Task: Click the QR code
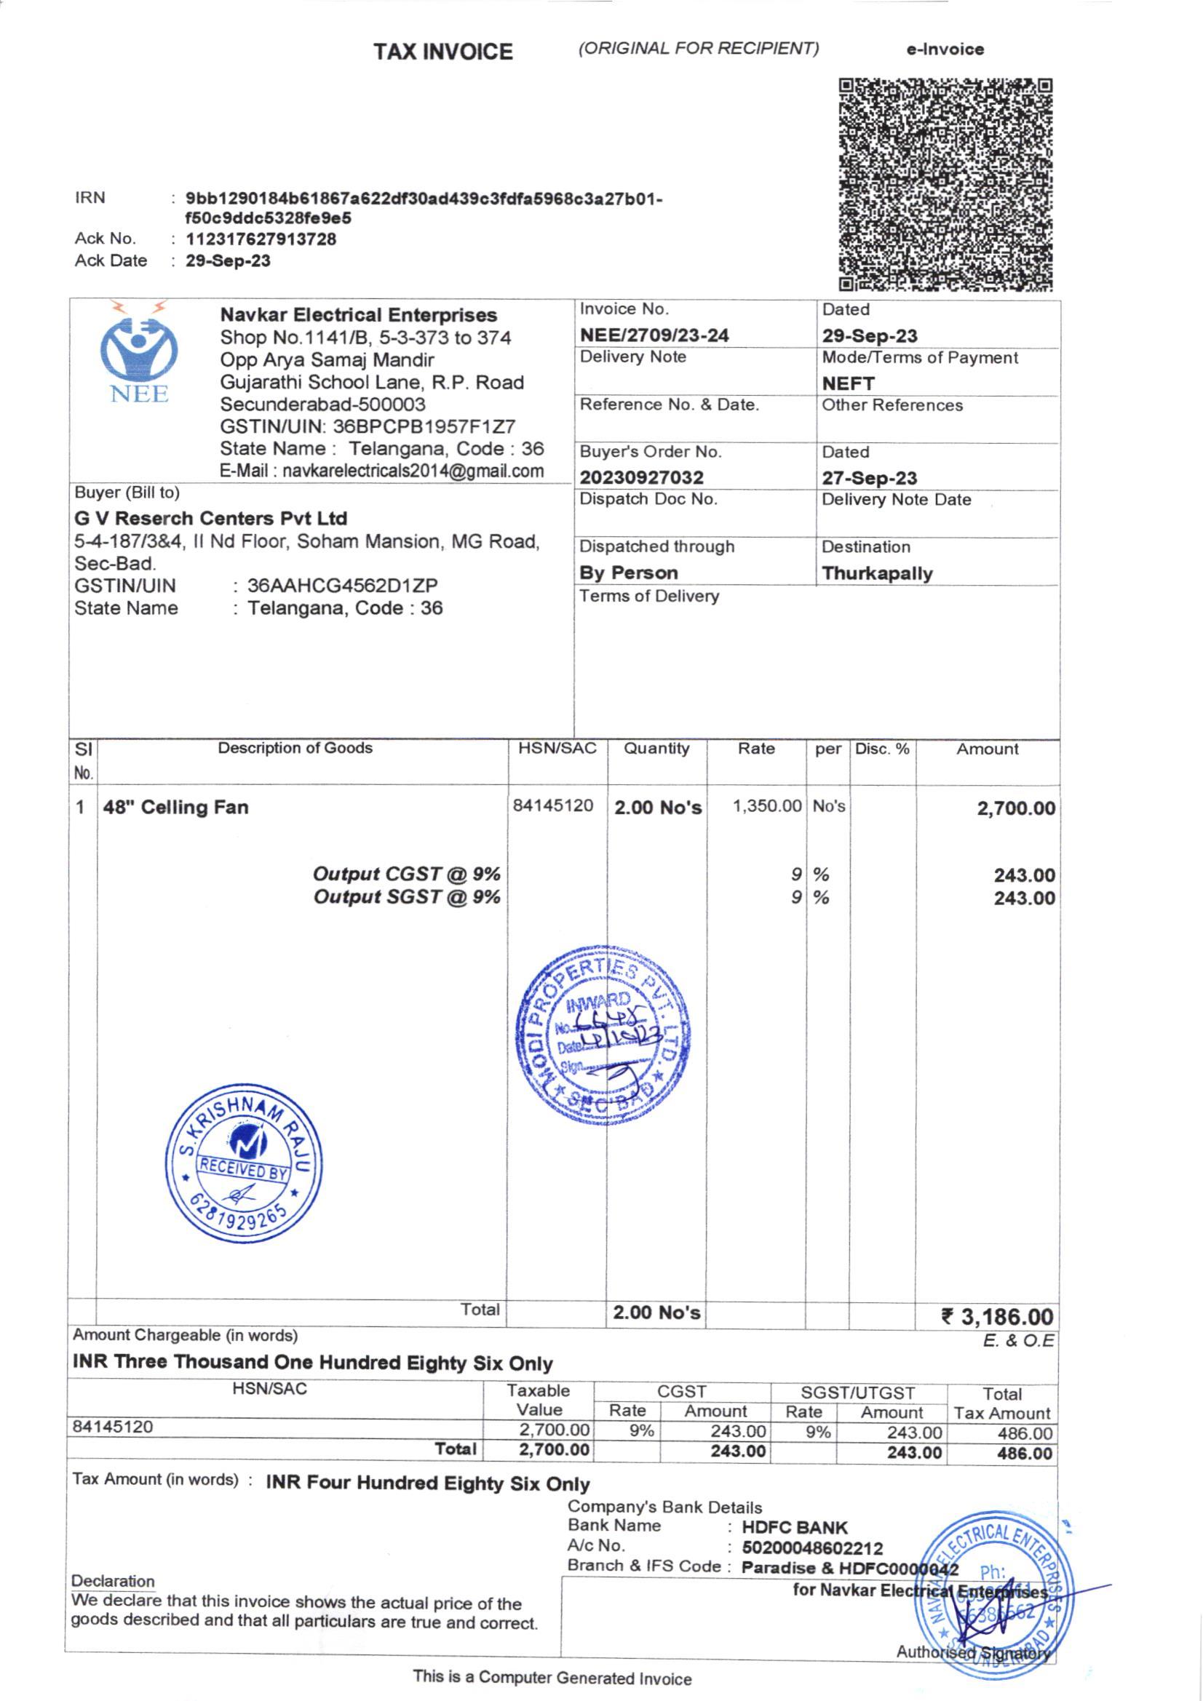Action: [x=945, y=185]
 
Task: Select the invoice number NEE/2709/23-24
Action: [x=654, y=335]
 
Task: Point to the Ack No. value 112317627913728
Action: [x=261, y=239]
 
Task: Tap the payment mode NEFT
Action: [x=848, y=383]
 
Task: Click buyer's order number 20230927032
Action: [x=641, y=477]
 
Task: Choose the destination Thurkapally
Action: [x=877, y=573]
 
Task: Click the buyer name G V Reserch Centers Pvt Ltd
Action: [x=210, y=518]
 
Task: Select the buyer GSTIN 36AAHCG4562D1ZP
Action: [x=342, y=585]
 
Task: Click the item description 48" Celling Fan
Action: [x=175, y=807]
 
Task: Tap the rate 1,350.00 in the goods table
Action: [x=767, y=805]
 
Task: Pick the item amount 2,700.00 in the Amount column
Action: [x=1015, y=808]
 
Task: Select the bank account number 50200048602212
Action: [x=812, y=1548]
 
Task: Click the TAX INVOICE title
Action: [x=443, y=52]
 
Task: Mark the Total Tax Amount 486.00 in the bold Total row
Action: [x=1025, y=1453]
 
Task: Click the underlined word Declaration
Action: [x=113, y=1581]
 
